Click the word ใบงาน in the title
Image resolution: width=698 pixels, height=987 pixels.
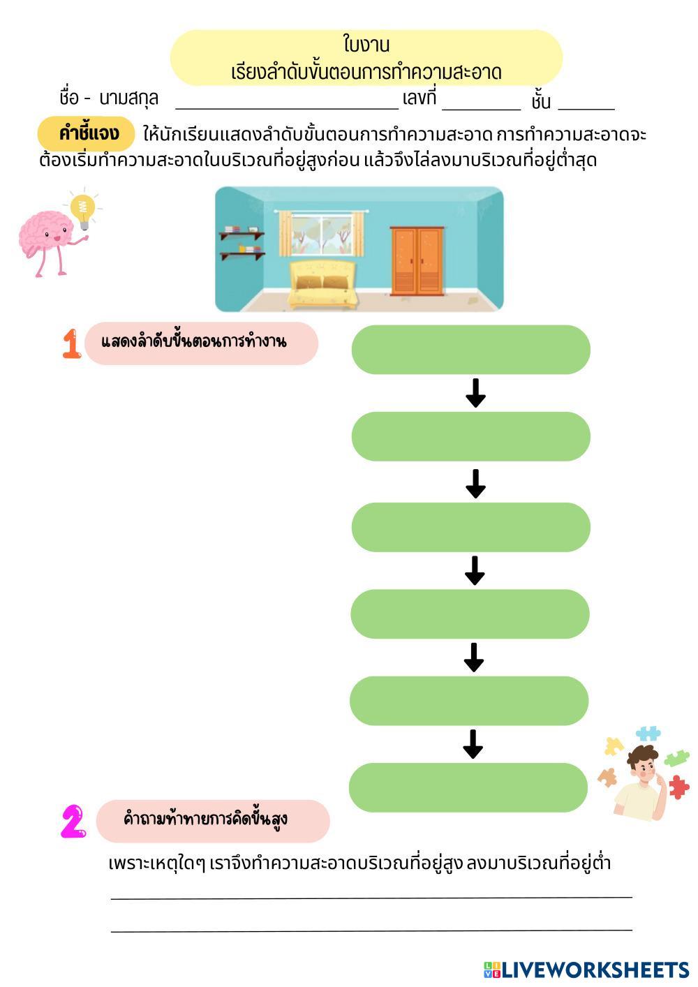click(x=366, y=45)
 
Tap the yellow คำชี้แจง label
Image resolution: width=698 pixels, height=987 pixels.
click(x=87, y=133)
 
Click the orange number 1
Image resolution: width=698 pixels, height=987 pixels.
click(x=71, y=344)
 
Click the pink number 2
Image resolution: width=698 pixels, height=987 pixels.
click(x=73, y=822)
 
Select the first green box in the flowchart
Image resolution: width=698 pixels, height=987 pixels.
click(x=470, y=349)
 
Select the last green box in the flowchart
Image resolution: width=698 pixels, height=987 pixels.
click(x=468, y=787)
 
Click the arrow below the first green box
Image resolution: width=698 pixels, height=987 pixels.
click(x=475, y=394)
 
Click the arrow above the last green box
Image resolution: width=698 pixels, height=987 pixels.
click(x=473, y=745)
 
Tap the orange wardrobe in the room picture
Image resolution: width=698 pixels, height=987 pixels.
click(x=417, y=260)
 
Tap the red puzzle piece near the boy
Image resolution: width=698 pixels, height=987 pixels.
click(x=678, y=787)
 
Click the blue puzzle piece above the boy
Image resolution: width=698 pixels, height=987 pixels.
click(x=648, y=734)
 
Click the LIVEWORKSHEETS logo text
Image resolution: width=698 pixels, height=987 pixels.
click(x=595, y=970)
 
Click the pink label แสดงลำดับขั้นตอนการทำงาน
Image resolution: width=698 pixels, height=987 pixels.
click(x=201, y=343)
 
